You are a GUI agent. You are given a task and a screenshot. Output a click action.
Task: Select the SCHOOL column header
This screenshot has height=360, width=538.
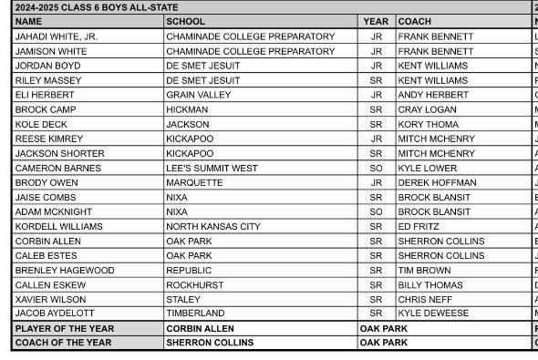[x=186, y=21]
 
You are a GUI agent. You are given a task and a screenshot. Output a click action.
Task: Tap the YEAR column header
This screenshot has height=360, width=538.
[x=376, y=21]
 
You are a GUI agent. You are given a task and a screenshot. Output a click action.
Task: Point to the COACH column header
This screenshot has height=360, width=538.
[x=415, y=21]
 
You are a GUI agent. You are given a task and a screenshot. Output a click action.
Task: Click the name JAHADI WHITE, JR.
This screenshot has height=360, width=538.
[x=56, y=36]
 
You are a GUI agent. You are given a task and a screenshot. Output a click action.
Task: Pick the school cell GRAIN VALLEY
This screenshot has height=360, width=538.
[x=198, y=95]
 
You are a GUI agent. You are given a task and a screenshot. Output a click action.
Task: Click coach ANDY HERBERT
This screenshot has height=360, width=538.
[x=433, y=95]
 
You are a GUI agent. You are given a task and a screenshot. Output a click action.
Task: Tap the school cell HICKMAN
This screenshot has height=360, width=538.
[x=187, y=109]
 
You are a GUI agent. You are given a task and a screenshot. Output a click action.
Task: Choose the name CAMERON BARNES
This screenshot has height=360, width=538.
[x=58, y=168]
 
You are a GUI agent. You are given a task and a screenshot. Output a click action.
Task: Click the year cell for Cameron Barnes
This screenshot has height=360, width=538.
[x=376, y=168]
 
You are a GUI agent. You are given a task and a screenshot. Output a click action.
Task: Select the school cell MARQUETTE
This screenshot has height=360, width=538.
[x=194, y=182]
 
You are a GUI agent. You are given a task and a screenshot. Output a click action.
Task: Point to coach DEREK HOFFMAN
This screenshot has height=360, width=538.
[x=437, y=182]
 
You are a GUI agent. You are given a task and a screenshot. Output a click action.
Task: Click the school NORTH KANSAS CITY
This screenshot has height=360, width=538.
[x=212, y=226]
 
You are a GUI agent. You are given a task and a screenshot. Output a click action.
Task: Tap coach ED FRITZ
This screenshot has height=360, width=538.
[x=419, y=226]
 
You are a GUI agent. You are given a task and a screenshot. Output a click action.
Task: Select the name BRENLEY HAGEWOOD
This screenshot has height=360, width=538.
[x=65, y=270]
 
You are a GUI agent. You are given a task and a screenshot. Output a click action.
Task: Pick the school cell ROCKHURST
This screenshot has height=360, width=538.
[x=194, y=284]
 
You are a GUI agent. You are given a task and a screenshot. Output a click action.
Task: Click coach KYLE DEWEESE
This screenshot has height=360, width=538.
[x=433, y=314]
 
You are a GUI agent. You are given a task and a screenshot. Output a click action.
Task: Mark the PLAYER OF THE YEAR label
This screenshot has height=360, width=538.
[x=64, y=328]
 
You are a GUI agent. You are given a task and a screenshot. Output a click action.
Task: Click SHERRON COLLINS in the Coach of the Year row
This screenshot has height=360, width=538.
[x=210, y=343]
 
